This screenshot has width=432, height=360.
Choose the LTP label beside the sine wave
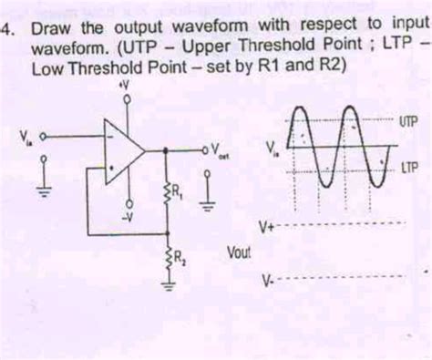pos(407,168)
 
